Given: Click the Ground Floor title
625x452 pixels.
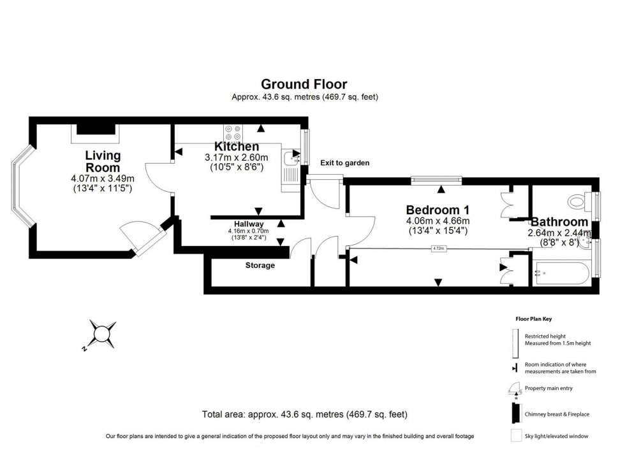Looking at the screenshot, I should click(304, 84).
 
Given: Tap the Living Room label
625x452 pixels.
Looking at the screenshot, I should click(103, 162).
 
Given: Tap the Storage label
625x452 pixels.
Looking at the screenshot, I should click(260, 265).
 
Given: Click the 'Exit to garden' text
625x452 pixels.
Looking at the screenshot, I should click(344, 163).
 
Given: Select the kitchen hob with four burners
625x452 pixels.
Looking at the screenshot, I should click(233, 133).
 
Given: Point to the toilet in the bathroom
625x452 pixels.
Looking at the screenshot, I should click(579, 203).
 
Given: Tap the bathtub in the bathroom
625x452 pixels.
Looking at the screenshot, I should click(564, 273).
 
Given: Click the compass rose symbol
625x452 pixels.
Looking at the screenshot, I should click(101, 333).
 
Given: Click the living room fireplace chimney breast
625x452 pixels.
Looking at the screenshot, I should click(96, 130).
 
